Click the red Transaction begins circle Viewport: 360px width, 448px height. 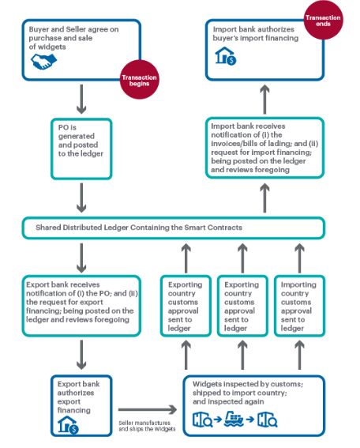pyautogui.click(x=139, y=80)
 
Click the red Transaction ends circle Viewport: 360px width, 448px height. pyautogui.click(x=323, y=20)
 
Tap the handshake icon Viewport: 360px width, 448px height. pyautogui.click(x=43, y=62)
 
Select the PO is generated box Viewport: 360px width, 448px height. pyautogui.click(x=81, y=149)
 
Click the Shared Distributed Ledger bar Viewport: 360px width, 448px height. pyautogui.click(x=174, y=228)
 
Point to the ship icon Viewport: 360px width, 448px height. pyautogui.click(x=234, y=419)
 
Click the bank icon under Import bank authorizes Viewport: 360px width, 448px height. pyautogui.click(x=226, y=56)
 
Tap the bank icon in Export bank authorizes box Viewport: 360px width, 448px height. pyautogui.click(x=68, y=424)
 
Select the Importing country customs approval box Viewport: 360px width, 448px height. pyautogui.click(x=299, y=306)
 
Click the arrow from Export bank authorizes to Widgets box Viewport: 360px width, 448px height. pyautogui.click(x=148, y=409)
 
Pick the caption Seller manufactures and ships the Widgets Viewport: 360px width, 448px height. pyautogui.click(x=147, y=426)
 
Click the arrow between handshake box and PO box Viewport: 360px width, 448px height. pyautogui.click(x=81, y=99)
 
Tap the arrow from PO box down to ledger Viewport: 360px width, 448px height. pyautogui.click(x=81, y=198)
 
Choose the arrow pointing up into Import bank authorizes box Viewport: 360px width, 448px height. pyautogui.click(x=265, y=99)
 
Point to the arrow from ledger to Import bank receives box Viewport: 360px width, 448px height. pyautogui.click(x=265, y=198)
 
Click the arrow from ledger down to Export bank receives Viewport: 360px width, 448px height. pyautogui.click(x=81, y=258)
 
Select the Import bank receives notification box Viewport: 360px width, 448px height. pyautogui.click(x=264, y=148)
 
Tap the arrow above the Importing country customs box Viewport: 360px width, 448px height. pyautogui.click(x=299, y=258)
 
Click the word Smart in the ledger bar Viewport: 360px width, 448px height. pyautogui.click(x=195, y=228)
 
